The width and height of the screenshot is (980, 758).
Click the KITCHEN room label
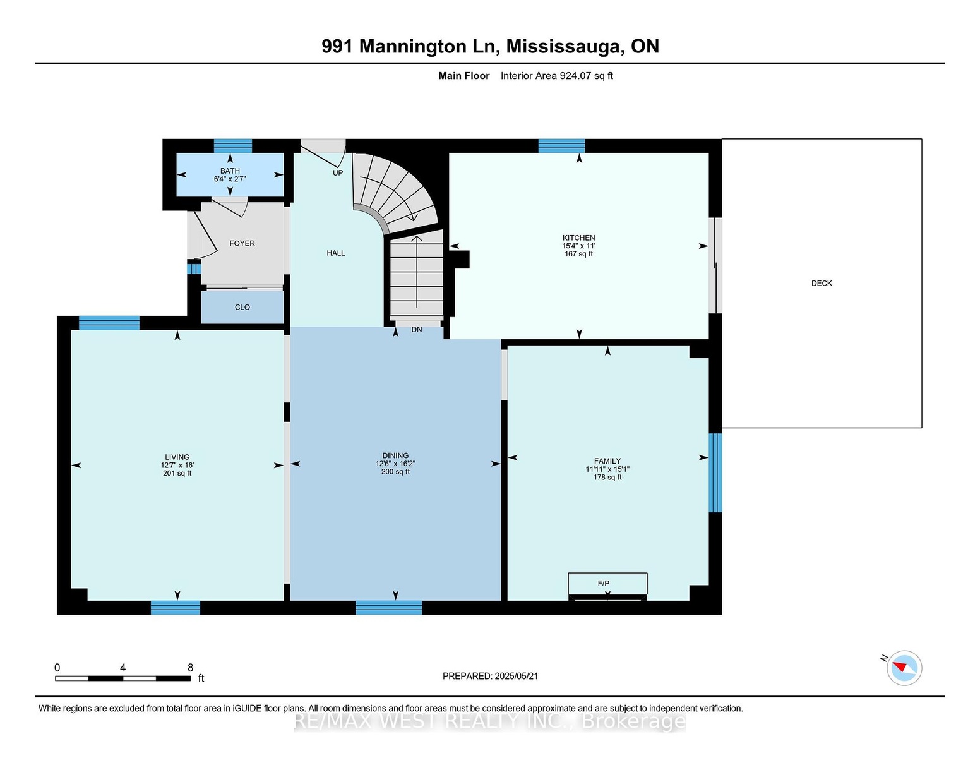pos(578,238)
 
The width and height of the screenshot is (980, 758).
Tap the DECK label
pos(822,283)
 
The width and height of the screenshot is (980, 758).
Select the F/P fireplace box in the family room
pos(607,586)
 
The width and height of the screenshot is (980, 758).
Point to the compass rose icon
pos(904,668)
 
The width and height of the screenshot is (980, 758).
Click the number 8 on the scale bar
pos(190,668)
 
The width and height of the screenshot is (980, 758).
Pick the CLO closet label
pos(242,307)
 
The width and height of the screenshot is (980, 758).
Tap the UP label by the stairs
pos(338,172)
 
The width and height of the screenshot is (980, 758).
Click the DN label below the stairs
pos(417,330)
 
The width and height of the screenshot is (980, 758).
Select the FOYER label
pos(242,243)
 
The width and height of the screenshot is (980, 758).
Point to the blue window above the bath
pos(233,146)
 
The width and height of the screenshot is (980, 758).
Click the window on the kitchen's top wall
pos(561,146)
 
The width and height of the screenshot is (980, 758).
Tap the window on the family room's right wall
pos(715,472)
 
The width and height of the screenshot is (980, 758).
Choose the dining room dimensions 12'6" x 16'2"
pos(395,464)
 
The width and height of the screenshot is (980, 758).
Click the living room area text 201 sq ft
pos(177,473)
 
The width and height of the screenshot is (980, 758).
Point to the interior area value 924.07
pos(575,76)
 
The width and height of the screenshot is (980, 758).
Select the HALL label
pos(336,253)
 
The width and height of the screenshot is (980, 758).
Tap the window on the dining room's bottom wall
pos(389,608)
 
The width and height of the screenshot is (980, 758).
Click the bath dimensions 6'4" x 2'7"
pos(230,179)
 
